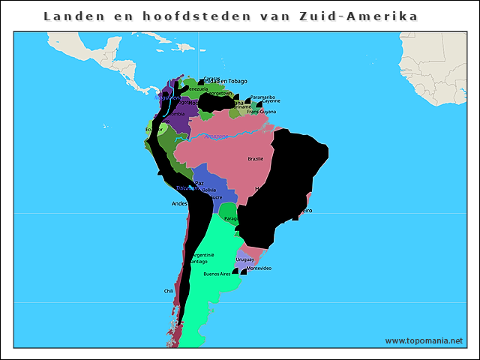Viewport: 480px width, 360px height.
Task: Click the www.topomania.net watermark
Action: (x=424, y=340)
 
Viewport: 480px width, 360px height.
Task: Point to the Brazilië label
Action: (x=256, y=159)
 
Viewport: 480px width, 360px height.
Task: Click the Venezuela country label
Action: (x=196, y=88)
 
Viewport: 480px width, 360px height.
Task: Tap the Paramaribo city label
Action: (x=263, y=97)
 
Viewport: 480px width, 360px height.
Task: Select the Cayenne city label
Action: (x=271, y=101)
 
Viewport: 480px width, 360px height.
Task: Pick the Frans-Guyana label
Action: (x=262, y=112)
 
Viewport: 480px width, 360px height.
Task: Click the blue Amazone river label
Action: (x=216, y=136)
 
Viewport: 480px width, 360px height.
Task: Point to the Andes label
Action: (x=179, y=203)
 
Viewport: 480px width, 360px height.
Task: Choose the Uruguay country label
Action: (x=245, y=259)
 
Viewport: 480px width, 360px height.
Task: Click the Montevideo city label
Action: (x=259, y=268)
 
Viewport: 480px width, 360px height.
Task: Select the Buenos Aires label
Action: (x=217, y=274)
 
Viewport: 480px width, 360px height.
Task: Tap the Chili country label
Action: (x=169, y=291)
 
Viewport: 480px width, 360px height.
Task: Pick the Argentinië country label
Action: (x=203, y=255)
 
